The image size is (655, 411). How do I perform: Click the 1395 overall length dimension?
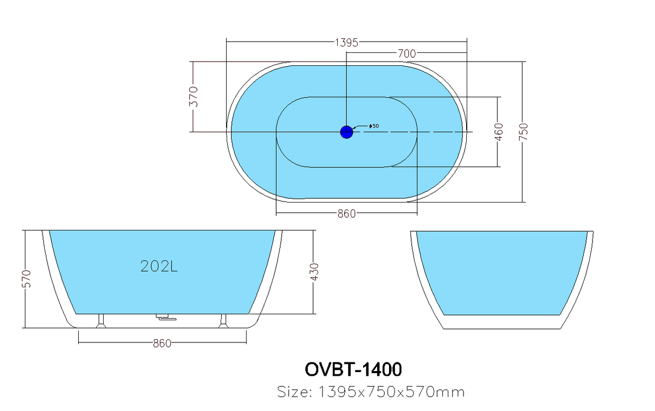pos(346,43)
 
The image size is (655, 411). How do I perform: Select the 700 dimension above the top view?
pos(407,53)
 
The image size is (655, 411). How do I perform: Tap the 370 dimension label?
pos(194,97)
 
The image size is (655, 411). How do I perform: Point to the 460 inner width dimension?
pos(499,132)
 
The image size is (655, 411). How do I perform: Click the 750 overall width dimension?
pos(524,132)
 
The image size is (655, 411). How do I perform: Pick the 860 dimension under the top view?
pos(346,214)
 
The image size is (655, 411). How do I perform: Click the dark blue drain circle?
pos(346,132)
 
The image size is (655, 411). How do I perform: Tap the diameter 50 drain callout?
pos(374,126)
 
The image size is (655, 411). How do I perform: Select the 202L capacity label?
pos(159,266)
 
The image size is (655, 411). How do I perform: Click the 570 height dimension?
pos(26,279)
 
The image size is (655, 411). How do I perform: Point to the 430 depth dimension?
pos(315,272)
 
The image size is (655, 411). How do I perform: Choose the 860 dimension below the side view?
pos(162,343)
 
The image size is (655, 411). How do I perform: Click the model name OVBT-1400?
pos(353,369)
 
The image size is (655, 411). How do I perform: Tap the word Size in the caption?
pos(295,392)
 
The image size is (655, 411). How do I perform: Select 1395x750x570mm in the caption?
pos(391,392)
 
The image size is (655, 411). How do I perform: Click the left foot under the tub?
pos(101,321)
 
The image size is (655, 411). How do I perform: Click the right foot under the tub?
pos(224,321)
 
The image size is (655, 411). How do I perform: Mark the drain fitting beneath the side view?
pos(166,317)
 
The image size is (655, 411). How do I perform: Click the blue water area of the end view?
pos(502,272)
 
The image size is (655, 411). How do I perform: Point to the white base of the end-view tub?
pos(502,322)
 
